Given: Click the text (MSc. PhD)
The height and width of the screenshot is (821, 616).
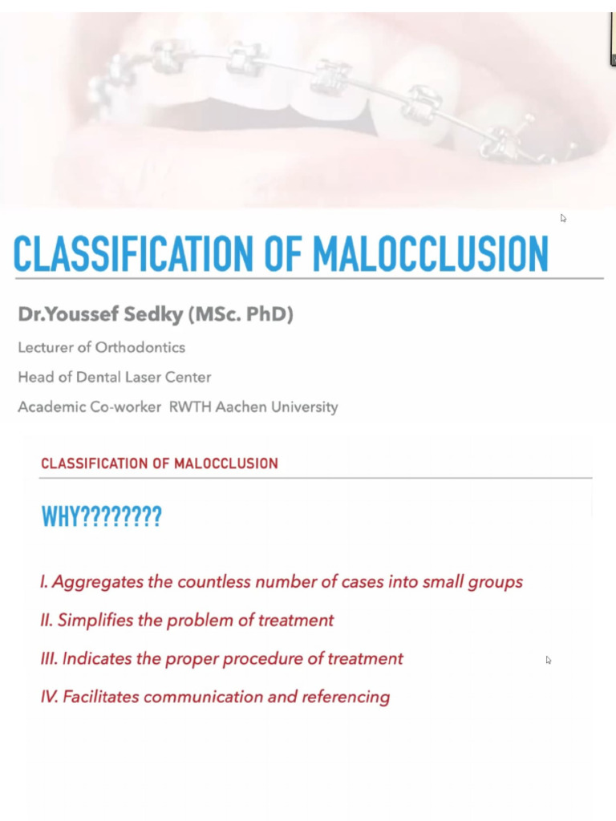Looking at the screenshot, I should coord(241,315).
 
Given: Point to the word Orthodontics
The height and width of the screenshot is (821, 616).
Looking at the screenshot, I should coord(140,347).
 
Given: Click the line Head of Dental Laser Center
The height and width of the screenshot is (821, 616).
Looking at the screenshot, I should coord(114,377).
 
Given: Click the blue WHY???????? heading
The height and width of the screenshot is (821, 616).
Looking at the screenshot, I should coord(101,517).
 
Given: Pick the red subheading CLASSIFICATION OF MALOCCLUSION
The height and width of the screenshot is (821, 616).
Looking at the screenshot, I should coord(159,463).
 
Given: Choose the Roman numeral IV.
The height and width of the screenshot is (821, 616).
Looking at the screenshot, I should coord(49,697).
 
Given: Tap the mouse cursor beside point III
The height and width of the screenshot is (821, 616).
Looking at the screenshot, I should coord(549,660).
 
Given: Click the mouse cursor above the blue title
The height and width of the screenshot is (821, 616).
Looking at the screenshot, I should coord(563,217).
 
